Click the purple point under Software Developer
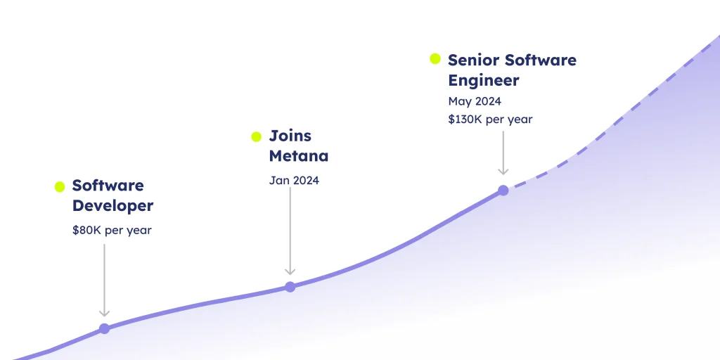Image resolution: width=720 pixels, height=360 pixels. pos(104,329)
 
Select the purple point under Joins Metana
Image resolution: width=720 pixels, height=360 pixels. pos(290,287)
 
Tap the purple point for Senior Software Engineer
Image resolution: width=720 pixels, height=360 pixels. pos(503,190)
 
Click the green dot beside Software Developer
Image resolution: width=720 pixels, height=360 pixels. pos(60,187)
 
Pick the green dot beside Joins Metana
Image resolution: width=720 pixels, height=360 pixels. pos(256,137)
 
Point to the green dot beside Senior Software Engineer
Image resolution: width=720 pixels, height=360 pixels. pos(435,59)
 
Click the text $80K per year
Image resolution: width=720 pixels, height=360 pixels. pos(112,231)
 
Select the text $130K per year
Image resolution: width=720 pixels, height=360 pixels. pos(490,120)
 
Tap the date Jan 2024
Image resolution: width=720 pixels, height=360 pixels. pos(294,181)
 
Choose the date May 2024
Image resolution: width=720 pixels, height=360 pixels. pos(475,101)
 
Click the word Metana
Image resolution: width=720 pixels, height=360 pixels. pos(298,156)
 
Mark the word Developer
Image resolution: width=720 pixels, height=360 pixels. pos(113,206)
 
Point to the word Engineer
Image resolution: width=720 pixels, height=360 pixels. pos(484,81)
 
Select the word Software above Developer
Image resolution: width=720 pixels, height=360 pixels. pos(108,186)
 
